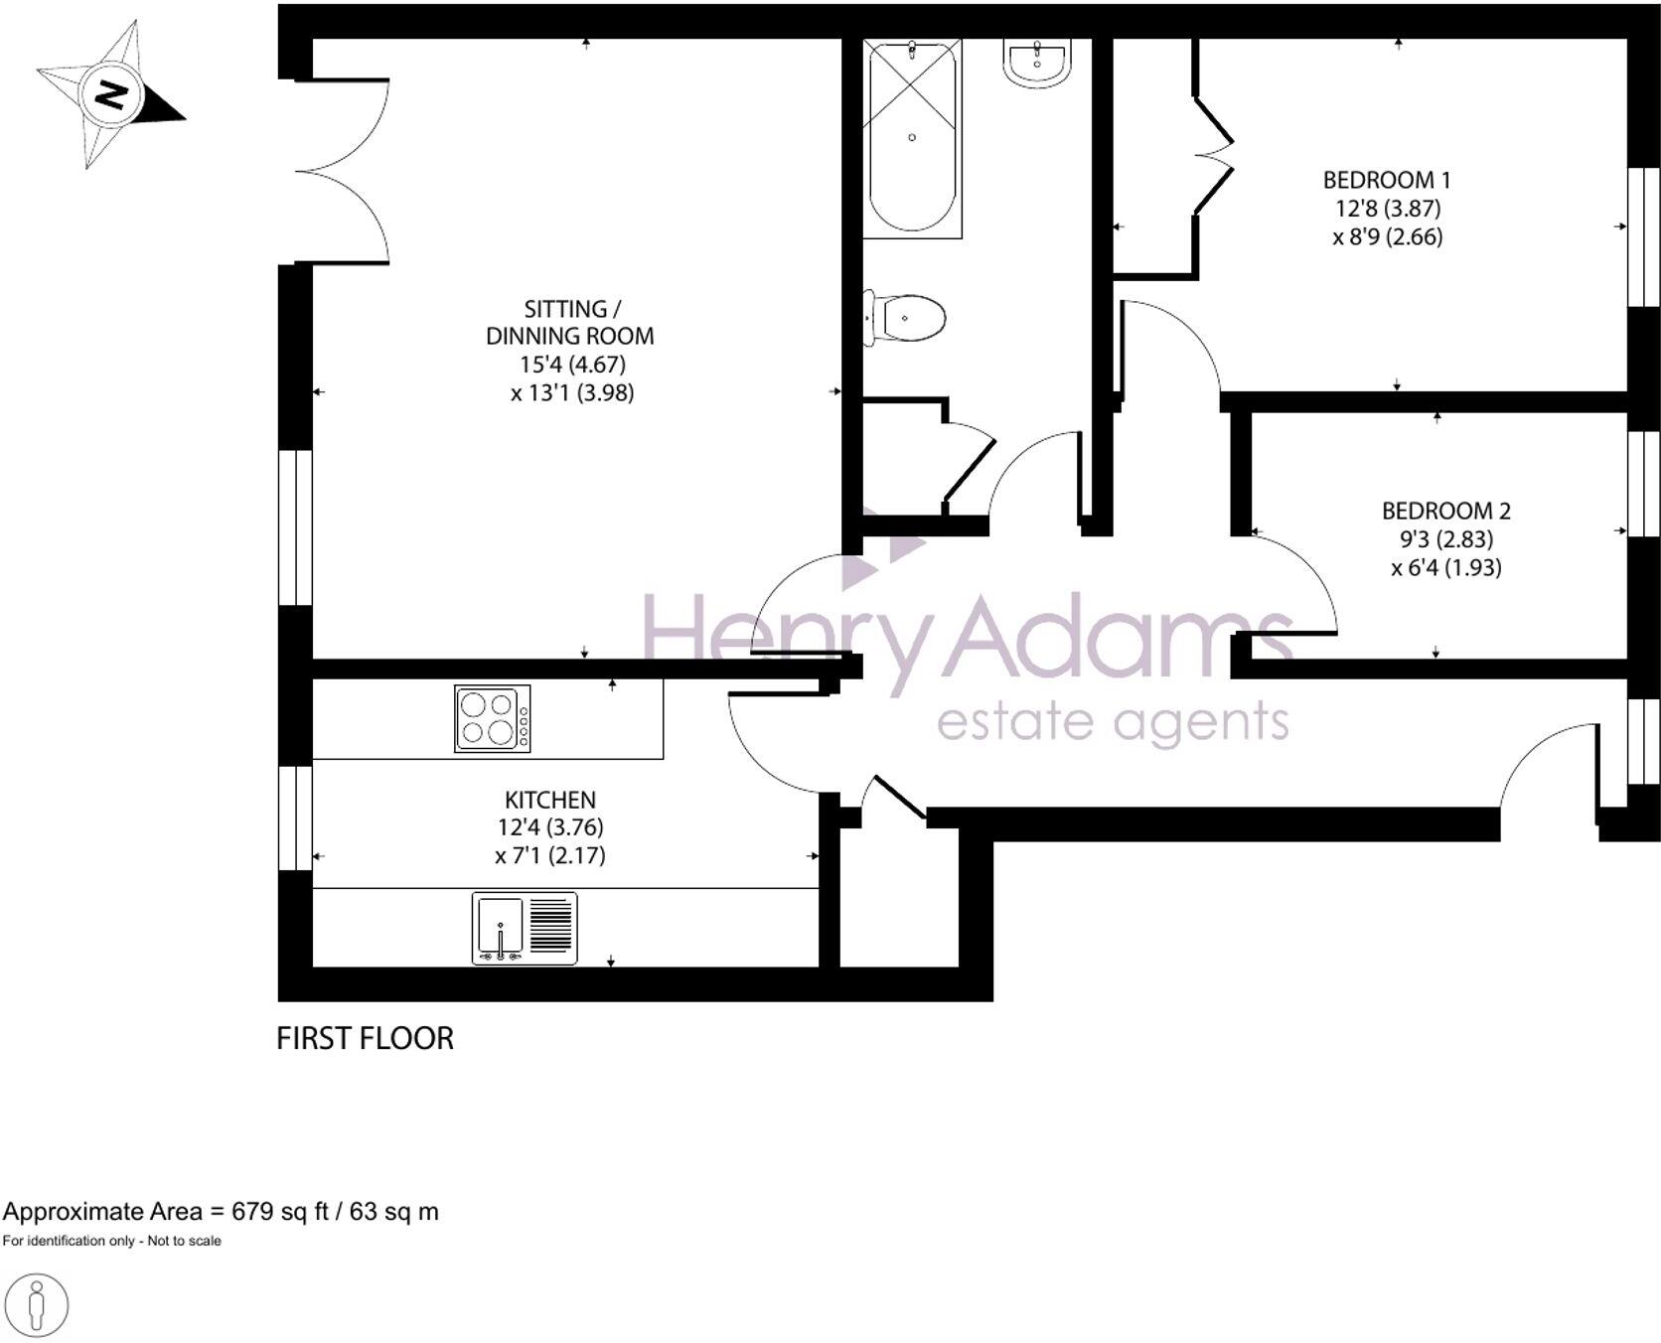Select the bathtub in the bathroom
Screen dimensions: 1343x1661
(912, 137)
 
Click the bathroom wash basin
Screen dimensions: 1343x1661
(1037, 62)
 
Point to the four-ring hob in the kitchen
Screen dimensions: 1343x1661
(492, 718)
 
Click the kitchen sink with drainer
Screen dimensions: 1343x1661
(524, 928)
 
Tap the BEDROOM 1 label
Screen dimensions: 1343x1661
(1386, 180)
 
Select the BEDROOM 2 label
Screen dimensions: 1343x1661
(1445, 511)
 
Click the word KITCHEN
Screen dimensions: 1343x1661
(549, 800)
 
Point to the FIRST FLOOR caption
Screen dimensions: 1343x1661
(365, 1038)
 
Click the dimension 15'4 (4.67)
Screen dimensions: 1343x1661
(572, 365)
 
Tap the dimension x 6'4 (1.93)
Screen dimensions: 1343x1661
(1445, 567)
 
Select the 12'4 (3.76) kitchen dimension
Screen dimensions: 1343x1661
(549, 827)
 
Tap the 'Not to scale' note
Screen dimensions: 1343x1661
(185, 1241)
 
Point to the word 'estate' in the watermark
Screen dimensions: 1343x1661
(1013, 722)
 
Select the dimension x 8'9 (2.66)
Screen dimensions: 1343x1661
(1387, 236)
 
